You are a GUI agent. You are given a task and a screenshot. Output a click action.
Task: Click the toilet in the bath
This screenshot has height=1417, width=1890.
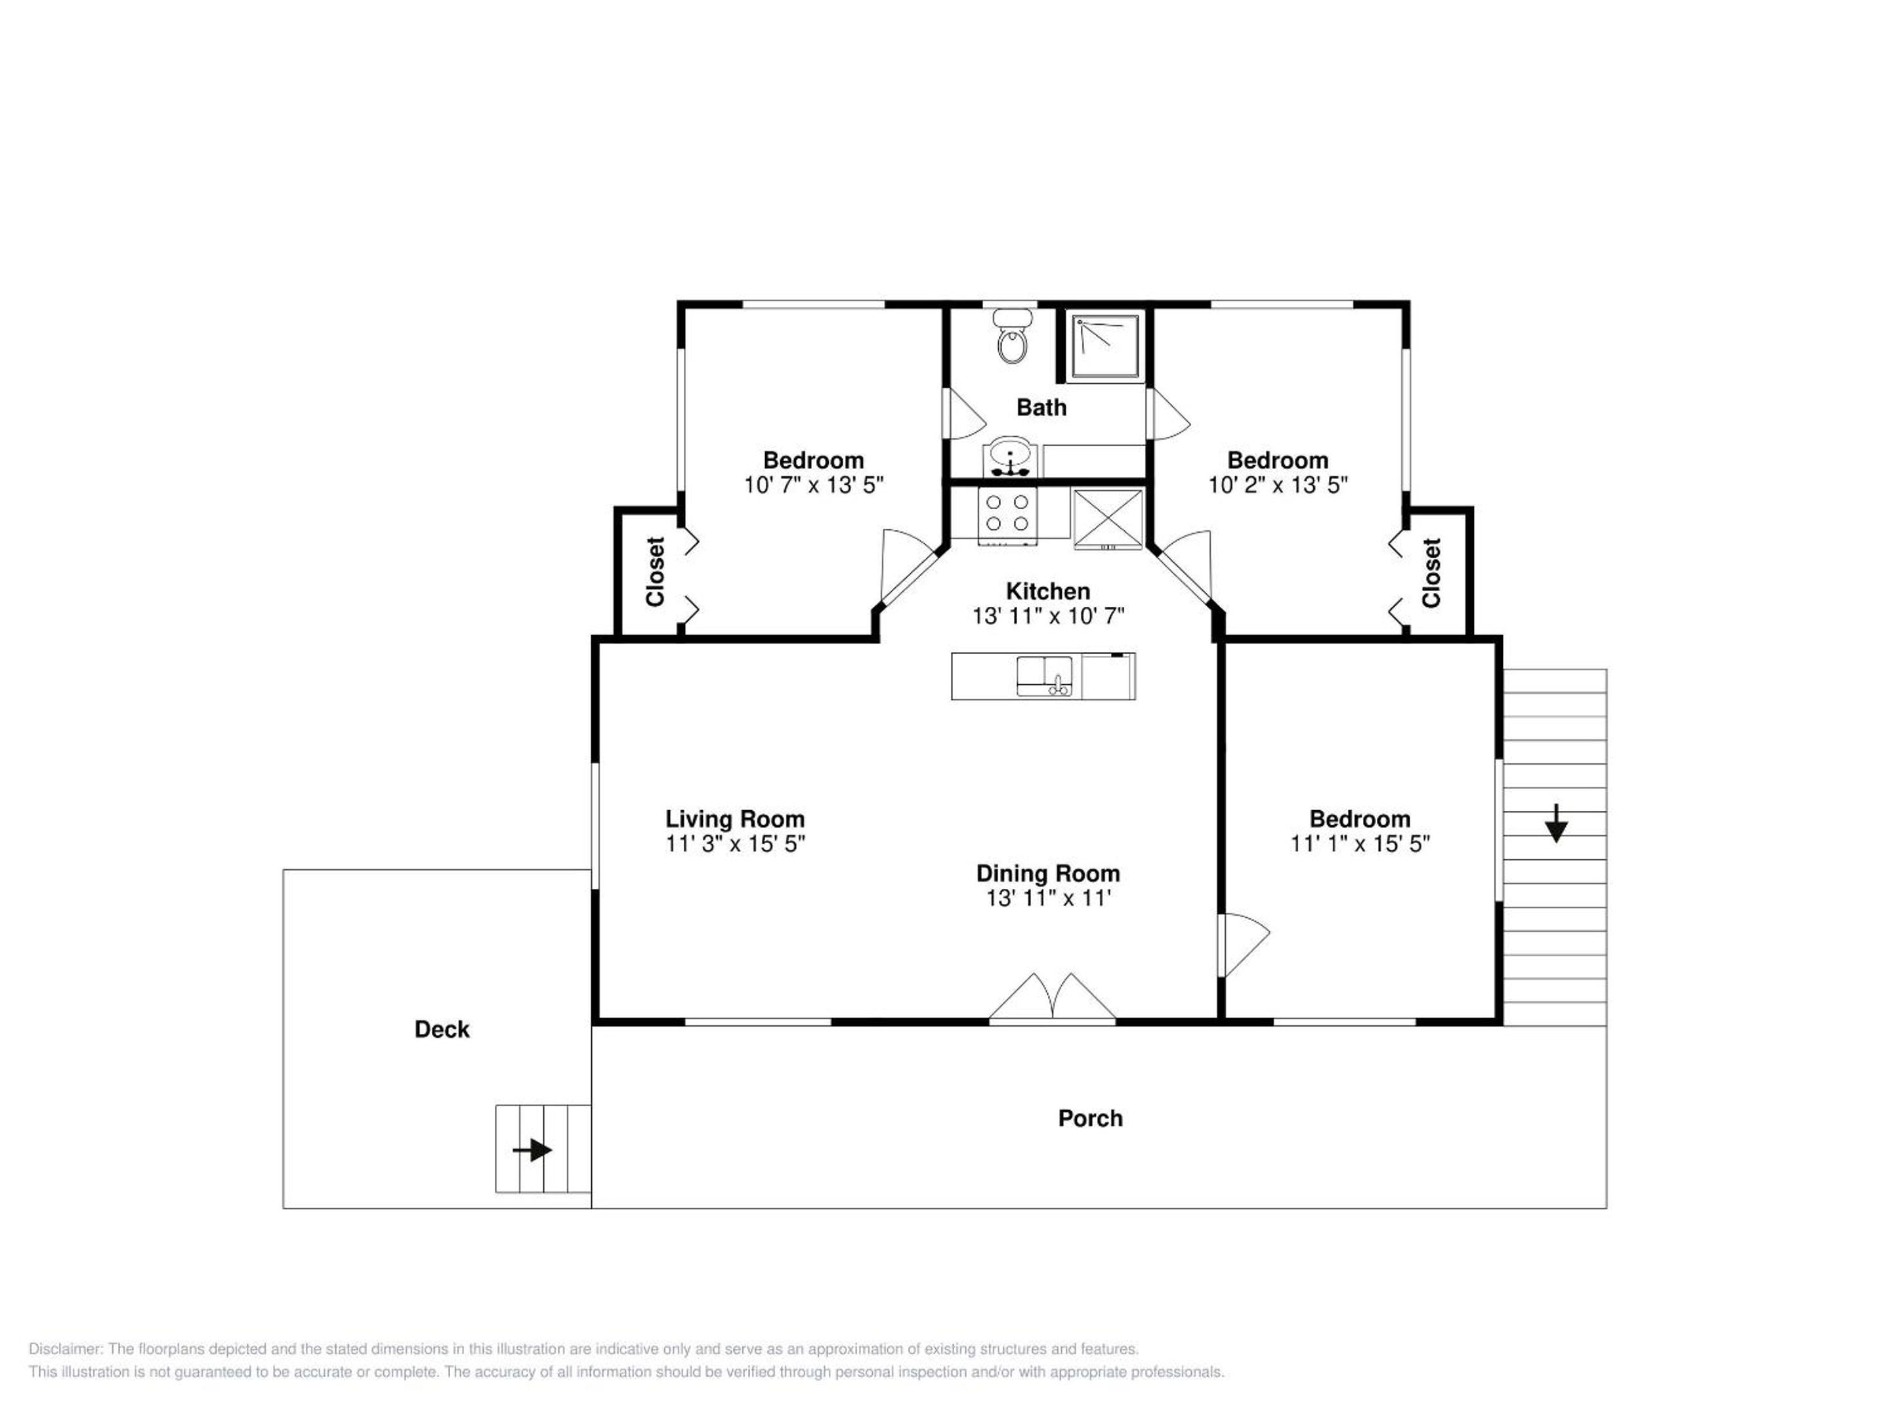[1013, 337]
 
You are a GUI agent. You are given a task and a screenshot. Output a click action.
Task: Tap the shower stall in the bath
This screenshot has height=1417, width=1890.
[1106, 345]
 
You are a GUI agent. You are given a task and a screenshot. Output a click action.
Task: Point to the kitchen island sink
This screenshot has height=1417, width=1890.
[1045, 676]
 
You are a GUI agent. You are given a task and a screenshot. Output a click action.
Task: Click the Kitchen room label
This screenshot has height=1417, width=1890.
[1047, 591]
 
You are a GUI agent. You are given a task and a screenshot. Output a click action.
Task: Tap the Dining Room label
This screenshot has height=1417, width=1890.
[1047, 873]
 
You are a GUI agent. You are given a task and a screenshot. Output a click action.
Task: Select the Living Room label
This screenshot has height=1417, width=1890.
[735, 819]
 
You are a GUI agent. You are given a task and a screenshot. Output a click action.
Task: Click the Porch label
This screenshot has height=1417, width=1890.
[1090, 1118]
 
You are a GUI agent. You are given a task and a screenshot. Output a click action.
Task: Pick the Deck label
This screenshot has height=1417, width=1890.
[442, 1029]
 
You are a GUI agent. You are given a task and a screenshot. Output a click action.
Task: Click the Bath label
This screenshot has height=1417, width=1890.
[1041, 407]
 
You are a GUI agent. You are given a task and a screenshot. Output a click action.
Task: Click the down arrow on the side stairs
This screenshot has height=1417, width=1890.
[1556, 823]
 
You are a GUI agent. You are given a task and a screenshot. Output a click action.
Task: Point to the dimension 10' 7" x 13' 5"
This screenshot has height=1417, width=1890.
[813, 485]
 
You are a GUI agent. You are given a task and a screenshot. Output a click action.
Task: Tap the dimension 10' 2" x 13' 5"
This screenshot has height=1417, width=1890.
[1277, 485]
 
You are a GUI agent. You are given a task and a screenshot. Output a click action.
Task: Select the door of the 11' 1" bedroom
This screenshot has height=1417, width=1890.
[1246, 945]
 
